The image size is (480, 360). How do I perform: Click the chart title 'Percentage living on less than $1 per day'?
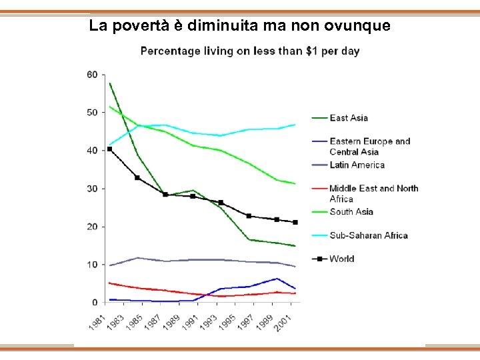[249, 51]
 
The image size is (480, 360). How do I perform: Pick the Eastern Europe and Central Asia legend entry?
[379, 146]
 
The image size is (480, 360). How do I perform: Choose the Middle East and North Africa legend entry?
[373, 193]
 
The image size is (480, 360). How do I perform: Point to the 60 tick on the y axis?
[92, 74]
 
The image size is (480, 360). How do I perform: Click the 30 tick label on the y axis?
[92, 189]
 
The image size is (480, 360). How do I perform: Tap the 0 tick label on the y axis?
[95, 303]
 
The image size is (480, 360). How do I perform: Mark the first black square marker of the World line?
[110, 149]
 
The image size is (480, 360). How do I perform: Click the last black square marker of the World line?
[295, 222]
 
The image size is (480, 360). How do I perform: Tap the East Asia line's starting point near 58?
[110, 83]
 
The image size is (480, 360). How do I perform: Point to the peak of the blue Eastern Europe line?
[276, 279]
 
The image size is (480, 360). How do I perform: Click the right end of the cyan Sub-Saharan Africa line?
[295, 125]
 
